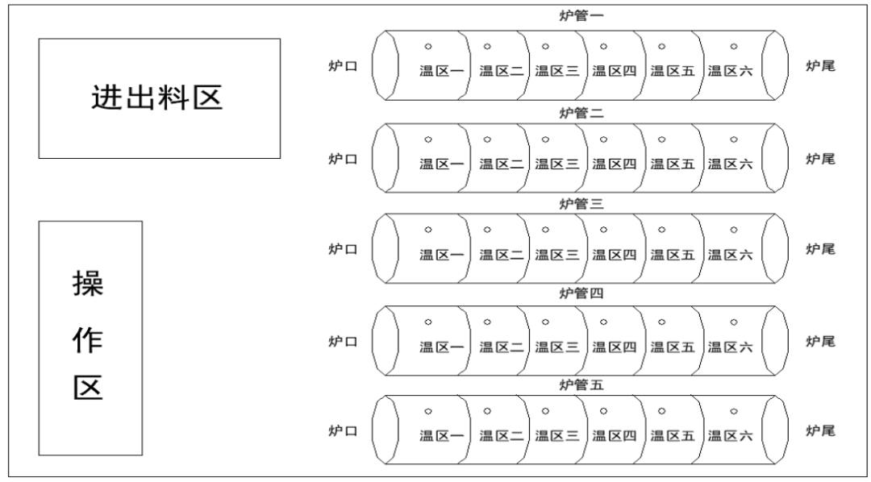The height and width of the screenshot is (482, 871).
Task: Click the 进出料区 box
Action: [160, 98]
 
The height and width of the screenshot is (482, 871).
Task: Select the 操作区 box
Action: [90, 338]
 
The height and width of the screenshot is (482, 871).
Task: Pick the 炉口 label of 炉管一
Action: [343, 66]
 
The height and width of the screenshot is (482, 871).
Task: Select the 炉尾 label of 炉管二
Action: [820, 159]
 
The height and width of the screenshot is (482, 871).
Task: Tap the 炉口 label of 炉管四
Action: [343, 341]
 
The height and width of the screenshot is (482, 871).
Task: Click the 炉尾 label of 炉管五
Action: [820, 430]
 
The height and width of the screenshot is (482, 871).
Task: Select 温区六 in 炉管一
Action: [730, 71]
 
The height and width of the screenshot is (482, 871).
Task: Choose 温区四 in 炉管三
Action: [615, 255]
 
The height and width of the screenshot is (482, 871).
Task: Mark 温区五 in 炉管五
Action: [673, 436]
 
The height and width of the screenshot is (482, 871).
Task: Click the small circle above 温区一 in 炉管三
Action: [429, 230]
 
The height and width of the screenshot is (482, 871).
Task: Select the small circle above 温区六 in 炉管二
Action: [733, 139]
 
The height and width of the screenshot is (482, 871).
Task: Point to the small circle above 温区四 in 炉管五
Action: [603, 411]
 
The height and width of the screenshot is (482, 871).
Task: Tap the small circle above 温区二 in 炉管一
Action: [487, 46]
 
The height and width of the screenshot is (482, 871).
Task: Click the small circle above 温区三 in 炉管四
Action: [545, 322]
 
